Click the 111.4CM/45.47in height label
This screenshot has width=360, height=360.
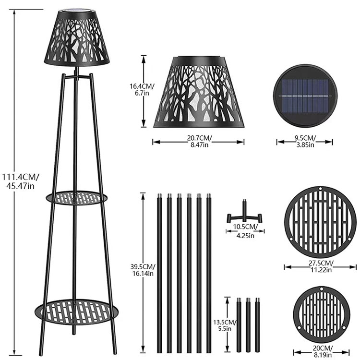click(21, 181)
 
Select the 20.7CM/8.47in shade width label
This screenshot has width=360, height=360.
click(199, 141)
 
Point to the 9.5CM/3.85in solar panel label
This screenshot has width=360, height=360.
click(305, 141)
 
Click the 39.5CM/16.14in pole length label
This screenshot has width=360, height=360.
click(143, 270)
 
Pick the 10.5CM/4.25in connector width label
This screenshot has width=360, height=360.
click(245, 231)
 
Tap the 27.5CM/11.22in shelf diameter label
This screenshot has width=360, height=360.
click(321, 266)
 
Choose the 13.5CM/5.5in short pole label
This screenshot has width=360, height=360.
click(225, 325)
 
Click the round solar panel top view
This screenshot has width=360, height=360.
click(305, 96)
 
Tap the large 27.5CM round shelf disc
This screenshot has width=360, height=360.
click(320, 222)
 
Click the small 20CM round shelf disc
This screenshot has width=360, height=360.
click(322, 315)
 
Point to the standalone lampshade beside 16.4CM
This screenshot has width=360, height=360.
click(199, 92)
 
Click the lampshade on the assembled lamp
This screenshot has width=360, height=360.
click(77, 37)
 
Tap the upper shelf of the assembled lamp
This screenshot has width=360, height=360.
click(76, 198)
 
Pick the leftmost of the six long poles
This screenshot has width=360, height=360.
click(159, 273)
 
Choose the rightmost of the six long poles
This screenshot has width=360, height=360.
click(209, 273)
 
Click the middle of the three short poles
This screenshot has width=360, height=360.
click(248, 325)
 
